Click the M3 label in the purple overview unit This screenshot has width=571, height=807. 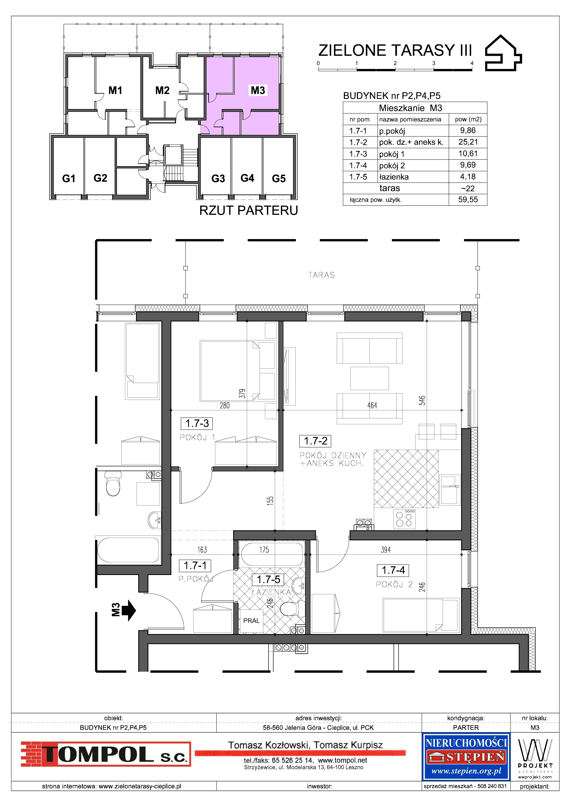point(258,90)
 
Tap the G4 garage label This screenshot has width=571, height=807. point(247,178)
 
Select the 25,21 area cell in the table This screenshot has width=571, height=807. point(468,142)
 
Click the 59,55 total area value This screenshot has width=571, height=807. point(468,200)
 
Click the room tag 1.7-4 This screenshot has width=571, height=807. point(393,570)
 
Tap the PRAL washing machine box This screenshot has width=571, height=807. point(251,621)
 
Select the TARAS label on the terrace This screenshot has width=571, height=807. point(321,275)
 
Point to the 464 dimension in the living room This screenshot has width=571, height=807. point(372,405)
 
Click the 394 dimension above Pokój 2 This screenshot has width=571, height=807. point(386,550)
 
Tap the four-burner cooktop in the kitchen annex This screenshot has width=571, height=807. point(404,519)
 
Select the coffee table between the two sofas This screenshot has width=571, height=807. point(369,378)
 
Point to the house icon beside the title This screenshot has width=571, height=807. point(503,53)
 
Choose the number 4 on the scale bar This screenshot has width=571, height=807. point(472,63)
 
